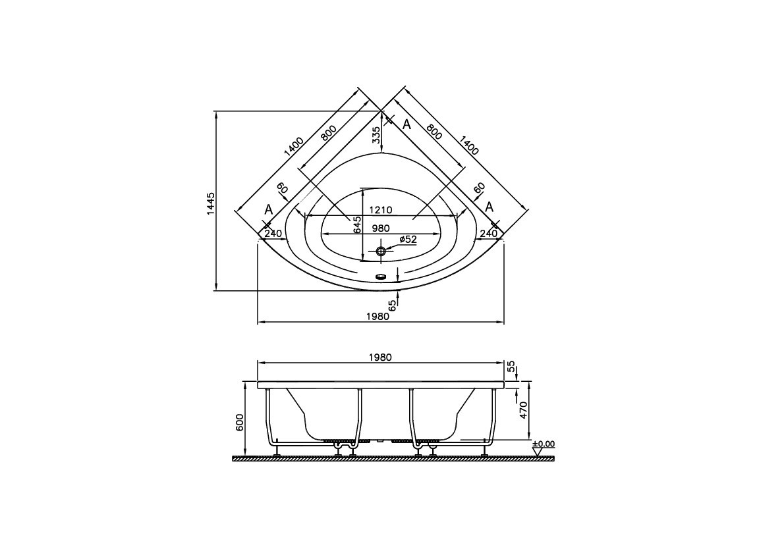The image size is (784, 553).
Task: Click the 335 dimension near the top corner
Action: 376,135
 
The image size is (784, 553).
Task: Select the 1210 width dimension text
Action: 380,210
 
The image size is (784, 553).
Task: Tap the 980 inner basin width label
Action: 381,228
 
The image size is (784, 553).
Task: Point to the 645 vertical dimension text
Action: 356,225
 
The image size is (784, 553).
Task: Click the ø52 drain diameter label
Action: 407,240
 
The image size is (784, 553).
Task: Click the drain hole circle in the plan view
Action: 380,251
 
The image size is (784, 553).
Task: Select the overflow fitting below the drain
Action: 380,277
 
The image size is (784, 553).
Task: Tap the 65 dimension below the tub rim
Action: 392,305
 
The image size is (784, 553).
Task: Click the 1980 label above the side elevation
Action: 380,357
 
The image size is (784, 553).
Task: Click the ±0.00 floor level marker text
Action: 544,444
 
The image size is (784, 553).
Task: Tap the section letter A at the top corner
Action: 406,124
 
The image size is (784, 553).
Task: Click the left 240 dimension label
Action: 273,233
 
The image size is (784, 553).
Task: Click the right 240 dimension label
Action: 488,233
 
